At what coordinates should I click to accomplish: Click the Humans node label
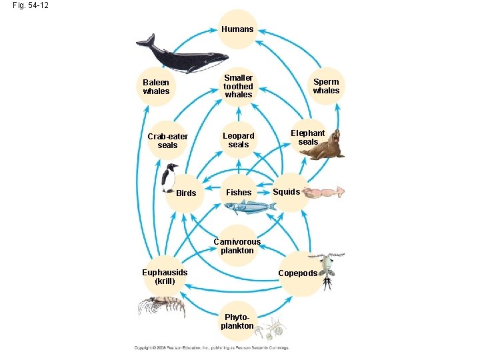click(238, 29)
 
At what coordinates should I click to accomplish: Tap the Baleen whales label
click(156, 87)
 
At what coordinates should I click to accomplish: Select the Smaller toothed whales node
click(238, 86)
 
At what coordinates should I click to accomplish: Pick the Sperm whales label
click(326, 86)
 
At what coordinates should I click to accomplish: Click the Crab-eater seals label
click(167, 141)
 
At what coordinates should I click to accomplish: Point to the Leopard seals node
click(238, 140)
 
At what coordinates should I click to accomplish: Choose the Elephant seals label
click(308, 137)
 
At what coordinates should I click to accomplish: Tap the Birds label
click(186, 193)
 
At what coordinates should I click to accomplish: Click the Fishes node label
click(239, 193)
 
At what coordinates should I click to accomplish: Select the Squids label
click(287, 192)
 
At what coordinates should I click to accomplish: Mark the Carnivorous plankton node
click(237, 246)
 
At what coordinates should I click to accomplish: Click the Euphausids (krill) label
click(165, 277)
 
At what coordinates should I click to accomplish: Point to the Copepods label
click(297, 273)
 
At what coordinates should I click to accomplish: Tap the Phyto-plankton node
click(237, 321)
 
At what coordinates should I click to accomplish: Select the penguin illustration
click(171, 178)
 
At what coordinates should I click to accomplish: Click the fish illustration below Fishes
click(249, 207)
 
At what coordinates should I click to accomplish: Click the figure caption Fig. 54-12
click(30, 5)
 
